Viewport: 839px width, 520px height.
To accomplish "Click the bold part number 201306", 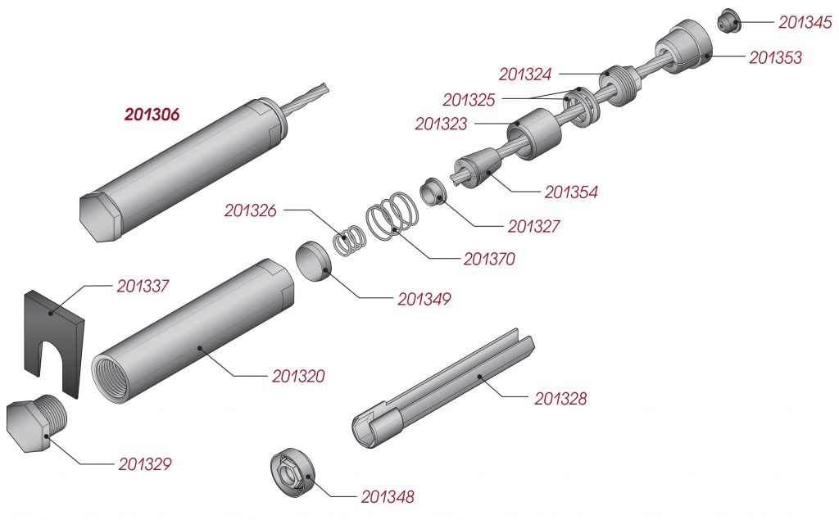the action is pos(152,114).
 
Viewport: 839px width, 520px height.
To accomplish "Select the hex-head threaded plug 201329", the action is pos(36,424).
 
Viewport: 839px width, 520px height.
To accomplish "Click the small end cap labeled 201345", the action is pos(728,20).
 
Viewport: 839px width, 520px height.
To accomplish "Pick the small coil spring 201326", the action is pos(350,238).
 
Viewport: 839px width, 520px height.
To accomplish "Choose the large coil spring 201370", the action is pos(392,215).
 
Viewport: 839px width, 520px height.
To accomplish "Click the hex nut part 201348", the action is pos(293,472).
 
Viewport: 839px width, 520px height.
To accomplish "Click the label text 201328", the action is pos(560,399).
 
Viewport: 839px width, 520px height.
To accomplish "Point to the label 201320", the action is pos(298,376).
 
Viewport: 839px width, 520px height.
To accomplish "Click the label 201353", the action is pos(775,58).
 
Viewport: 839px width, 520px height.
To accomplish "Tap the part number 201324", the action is pos(524,75).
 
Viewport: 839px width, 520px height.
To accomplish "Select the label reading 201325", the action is pos(469,100).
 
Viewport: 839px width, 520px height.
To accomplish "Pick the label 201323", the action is pos(441,124).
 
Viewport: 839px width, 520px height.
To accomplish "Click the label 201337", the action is pos(143,287).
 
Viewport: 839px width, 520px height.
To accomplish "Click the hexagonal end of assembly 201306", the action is pos(99,215).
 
